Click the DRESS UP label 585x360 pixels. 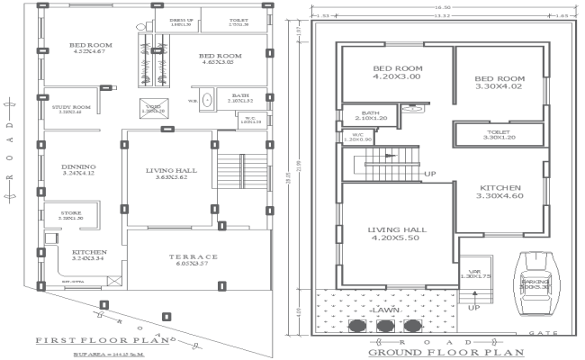coord(173,22)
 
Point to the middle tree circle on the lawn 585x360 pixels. coord(385,325)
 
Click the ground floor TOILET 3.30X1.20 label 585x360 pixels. coord(499,134)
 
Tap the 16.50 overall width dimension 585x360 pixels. coord(441,7)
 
